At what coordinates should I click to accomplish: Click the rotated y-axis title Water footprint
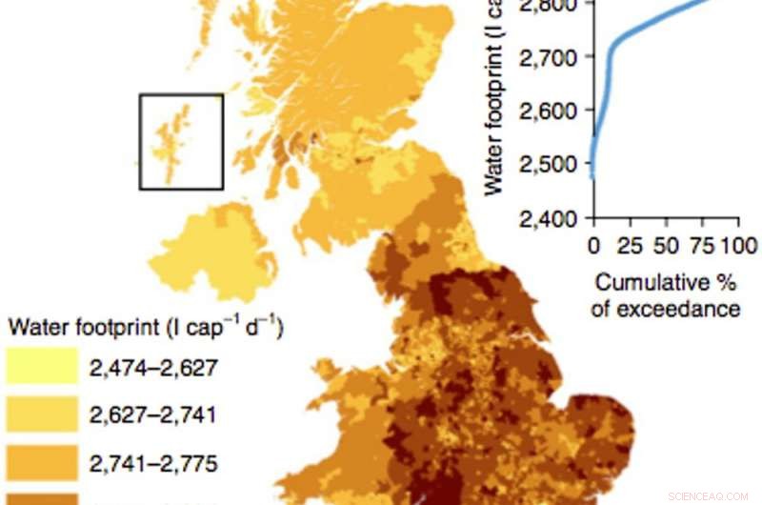click(x=494, y=105)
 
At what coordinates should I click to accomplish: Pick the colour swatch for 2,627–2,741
click(x=41, y=415)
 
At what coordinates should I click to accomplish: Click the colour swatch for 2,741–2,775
click(x=41, y=464)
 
